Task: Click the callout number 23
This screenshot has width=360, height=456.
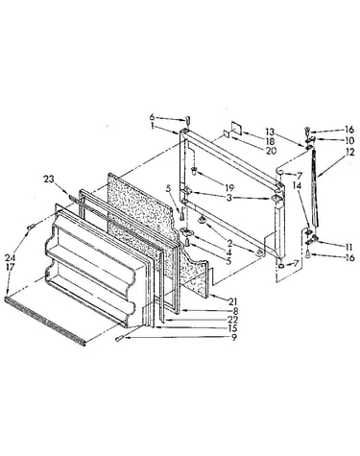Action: click(x=49, y=180)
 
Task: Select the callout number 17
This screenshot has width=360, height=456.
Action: click(x=10, y=266)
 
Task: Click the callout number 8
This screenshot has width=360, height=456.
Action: click(x=235, y=310)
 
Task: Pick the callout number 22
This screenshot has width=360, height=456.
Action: click(x=233, y=319)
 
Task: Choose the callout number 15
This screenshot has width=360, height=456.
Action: click(x=232, y=328)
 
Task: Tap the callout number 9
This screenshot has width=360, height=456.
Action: click(x=234, y=337)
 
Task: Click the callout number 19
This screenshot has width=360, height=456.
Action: click(x=229, y=187)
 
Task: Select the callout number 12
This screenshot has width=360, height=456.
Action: click(x=350, y=152)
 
